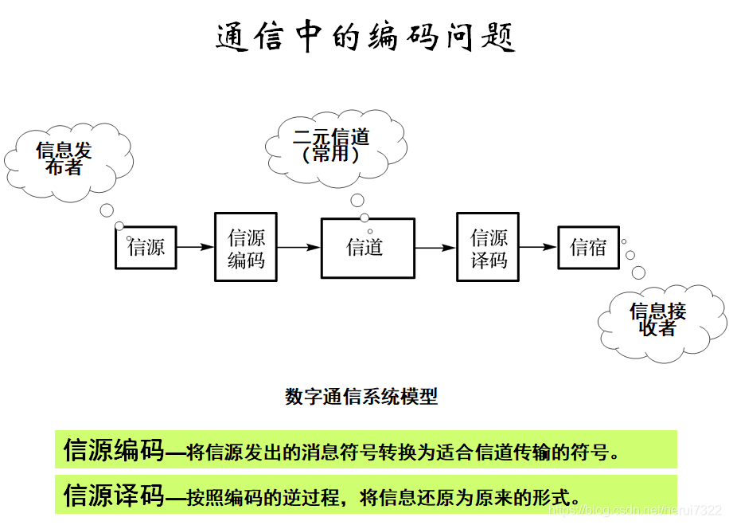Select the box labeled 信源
click(x=146, y=247)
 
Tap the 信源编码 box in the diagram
click(x=246, y=247)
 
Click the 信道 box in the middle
click(x=367, y=247)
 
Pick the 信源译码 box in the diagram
click(x=488, y=247)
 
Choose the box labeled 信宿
click(x=588, y=247)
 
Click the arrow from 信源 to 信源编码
click(x=195, y=247)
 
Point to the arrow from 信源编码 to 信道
click(x=298, y=247)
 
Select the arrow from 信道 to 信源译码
click(x=435, y=247)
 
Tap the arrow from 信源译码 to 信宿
click(x=538, y=247)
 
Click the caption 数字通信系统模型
click(x=361, y=397)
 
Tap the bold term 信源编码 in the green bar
click(x=113, y=451)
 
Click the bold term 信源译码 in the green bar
click(x=113, y=496)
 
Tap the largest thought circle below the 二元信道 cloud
click(x=357, y=200)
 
